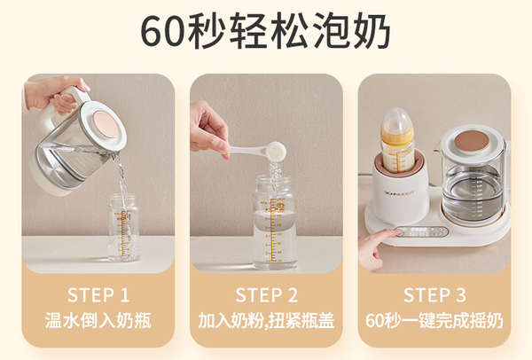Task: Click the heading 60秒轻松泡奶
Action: [266, 31]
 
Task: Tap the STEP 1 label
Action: [98, 295]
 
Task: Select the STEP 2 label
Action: [266, 295]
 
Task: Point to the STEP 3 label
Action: [434, 295]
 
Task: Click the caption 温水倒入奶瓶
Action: [98, 320]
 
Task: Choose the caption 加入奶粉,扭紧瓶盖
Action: [266, 320]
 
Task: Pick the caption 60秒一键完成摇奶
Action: [434, 320]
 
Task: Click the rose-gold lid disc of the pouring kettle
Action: [106, 124]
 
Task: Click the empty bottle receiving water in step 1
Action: [124, 227]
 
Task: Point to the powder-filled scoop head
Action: [276, 151]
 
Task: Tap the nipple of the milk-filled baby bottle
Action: [397, 117]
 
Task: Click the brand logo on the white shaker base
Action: [399, 192]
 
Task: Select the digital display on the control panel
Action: [419, 230]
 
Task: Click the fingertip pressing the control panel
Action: [397, 232]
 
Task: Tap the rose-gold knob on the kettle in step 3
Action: [472, 142]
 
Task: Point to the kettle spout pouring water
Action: [115, 157]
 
